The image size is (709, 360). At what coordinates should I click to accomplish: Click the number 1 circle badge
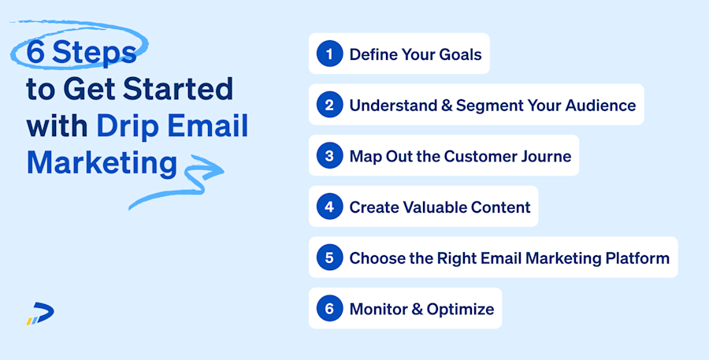coord(329,54)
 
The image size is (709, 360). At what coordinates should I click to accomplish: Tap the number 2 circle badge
coord(329,105)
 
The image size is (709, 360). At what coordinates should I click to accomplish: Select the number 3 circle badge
coord(329,156)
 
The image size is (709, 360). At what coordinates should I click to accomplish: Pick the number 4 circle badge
coord(329,207)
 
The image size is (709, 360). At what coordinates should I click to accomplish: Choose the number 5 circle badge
coord(329,258)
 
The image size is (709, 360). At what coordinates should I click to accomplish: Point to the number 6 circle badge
coord(329,309)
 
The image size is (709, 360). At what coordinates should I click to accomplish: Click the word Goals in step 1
coord(458,54)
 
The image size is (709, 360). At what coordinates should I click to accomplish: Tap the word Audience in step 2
coord(599,105)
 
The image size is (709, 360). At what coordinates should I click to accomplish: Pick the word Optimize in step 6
coord(461,309)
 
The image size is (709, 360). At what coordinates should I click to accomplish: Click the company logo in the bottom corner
coord(40,314)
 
